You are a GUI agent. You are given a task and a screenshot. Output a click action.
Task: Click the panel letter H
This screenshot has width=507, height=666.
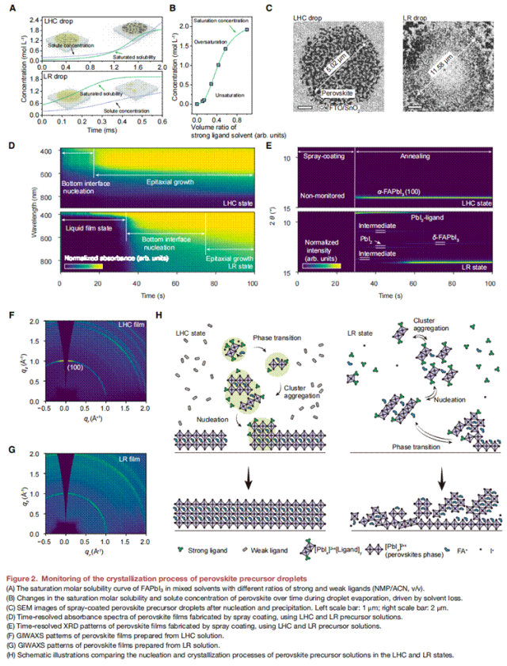click(x=162, y=314)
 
